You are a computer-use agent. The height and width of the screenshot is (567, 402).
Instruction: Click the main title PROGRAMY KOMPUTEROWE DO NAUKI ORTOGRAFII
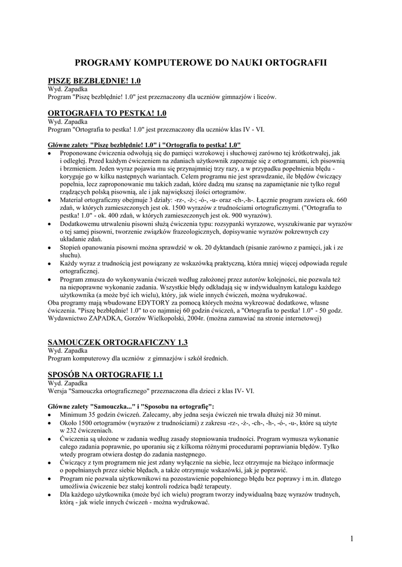201,64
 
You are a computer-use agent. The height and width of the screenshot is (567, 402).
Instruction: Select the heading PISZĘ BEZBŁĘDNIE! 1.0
95,81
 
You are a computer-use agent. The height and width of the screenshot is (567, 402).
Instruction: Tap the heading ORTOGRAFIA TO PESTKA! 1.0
108,113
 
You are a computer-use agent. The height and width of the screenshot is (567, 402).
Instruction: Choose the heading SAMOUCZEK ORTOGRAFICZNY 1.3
118,342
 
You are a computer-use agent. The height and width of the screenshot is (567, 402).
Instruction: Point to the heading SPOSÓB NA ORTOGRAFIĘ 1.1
105,375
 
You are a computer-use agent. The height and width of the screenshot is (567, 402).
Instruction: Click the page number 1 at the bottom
352,538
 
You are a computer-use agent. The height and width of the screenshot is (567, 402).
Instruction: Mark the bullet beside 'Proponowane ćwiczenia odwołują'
50,153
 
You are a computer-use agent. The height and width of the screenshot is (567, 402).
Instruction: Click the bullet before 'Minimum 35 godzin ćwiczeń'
50,415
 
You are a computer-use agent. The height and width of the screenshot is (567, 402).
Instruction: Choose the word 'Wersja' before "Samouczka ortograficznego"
58,391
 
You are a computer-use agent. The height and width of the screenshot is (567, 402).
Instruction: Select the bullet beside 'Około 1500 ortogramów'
50,423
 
